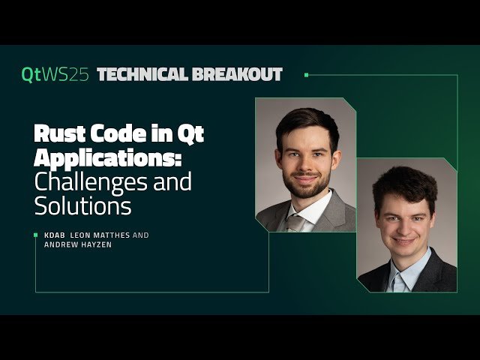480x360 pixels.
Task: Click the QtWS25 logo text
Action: pyautogui.click(x=55, y=74)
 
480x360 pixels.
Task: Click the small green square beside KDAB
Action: pyautogui.click(x=36, y=235)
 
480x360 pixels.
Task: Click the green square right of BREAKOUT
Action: pyautogui.click(x=306, y=74)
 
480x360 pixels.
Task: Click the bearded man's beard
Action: pyautogui.click(x=304, y=184)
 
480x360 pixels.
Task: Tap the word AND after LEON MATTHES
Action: pyautogui.click(x=141, y=235)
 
